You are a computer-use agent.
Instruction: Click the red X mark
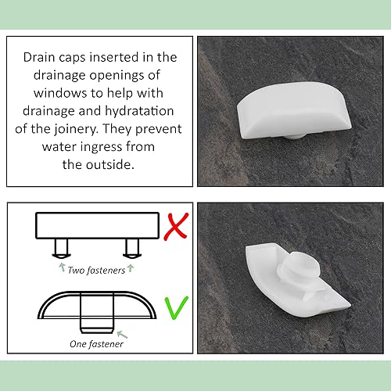click(x=176, y=226)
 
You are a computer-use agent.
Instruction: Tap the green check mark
click(x=175, y=308)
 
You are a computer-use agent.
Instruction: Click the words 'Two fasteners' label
click(x=96, y=271)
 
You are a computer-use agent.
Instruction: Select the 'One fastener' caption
click(x=96, y=344)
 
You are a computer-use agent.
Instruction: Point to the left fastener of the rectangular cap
click(x=62, y=249)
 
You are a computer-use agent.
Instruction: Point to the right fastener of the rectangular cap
click(x=132, y=249)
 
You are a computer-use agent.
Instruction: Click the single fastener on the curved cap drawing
click(x=97, y=313)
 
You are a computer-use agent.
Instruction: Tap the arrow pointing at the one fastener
click(x=123, y=335)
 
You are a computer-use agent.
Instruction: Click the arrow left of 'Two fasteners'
click(x=62, y=267)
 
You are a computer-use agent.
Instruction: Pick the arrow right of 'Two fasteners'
click(x=131, y=268)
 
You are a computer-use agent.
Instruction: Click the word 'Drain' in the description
click(x=39, y=57)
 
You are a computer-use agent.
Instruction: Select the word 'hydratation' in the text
click(x=139, y=111)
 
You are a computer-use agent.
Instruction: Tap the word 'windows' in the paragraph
click(x=59, y=93)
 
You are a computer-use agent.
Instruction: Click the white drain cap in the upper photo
click(x=294, y=111)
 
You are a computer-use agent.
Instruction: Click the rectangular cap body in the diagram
click(x=97, y=225)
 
